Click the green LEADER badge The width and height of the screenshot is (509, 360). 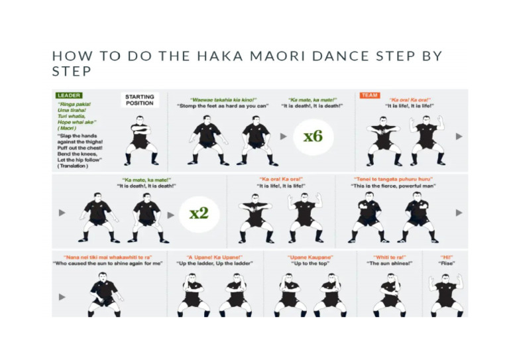[68, 95]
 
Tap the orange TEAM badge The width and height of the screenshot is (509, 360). [369, 95]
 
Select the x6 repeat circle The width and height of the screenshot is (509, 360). [313, 137]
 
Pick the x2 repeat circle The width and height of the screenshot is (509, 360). [198, 213]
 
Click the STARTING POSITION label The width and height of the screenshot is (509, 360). [139, 100]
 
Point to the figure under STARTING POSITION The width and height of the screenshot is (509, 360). [141, 141]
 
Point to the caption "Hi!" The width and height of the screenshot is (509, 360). [447, 257]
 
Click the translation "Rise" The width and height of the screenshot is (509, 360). [447, 263]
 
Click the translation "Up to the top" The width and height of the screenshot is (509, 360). [310, 263]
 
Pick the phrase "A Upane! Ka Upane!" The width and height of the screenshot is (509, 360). [215, 257]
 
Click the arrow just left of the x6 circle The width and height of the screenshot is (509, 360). [284, 137]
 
